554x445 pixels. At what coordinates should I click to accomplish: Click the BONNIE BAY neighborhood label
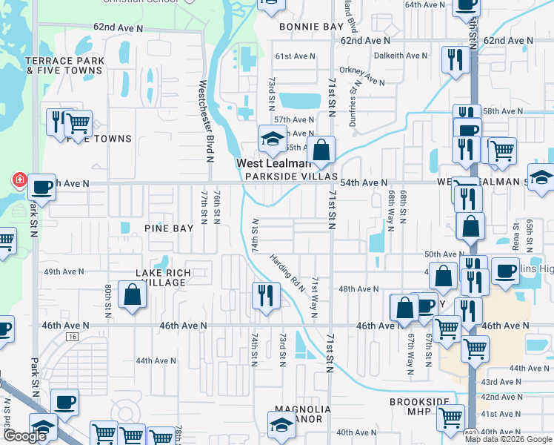pos(311,27)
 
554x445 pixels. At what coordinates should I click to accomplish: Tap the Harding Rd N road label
pos(288,274)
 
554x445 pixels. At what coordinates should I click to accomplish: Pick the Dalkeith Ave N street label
pos(401,56)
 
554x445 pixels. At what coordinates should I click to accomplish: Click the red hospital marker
pos(18,179)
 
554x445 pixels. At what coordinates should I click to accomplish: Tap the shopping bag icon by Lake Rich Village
pos(131,295)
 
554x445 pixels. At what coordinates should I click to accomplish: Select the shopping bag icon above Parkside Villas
pos(321,150)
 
